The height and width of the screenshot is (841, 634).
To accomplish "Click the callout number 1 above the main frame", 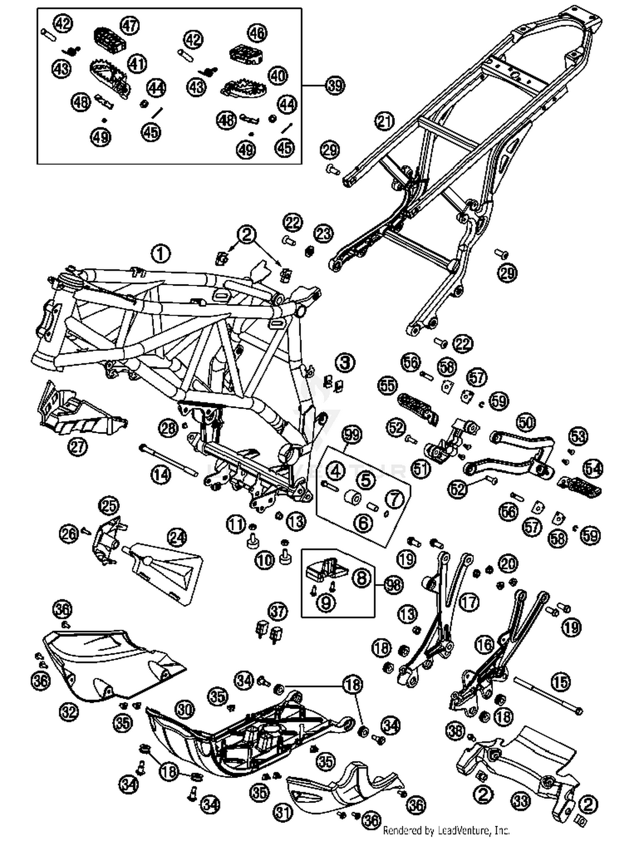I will (161, 254).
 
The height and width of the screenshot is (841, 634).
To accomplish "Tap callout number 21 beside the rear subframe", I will (384, 122).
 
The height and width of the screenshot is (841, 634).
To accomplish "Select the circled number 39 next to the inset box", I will (335, 85).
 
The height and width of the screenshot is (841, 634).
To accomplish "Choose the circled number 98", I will (394, 585).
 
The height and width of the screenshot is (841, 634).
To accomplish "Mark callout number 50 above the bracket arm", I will (526, 422).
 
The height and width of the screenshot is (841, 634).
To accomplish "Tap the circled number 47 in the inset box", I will (130, 26).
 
